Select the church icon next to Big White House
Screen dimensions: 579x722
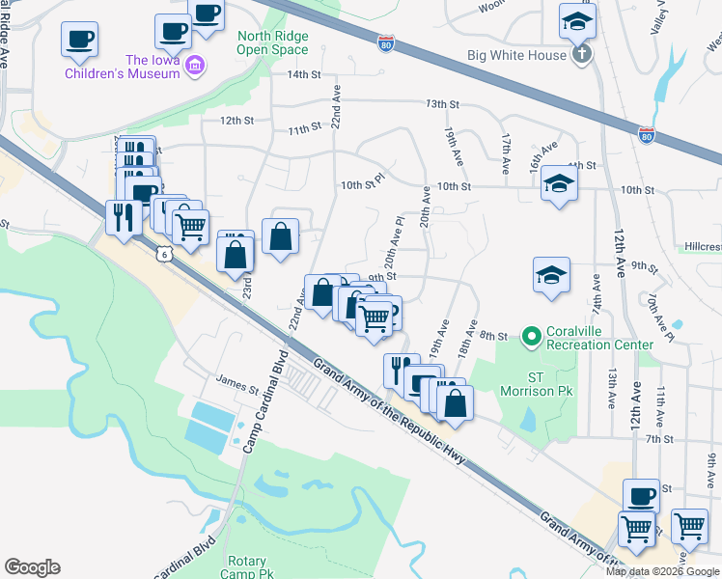point(581,55)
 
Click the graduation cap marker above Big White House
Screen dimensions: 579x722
point(577,20)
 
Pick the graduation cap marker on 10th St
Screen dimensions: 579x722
point(559,183)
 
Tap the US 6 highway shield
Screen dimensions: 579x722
point(165,252)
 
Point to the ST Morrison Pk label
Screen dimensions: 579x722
point(538,384)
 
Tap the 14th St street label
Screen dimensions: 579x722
point(302,74)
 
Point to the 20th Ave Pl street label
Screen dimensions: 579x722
point(393,248)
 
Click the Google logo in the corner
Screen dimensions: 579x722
point(32,567)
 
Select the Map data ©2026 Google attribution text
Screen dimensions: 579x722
point(663,571)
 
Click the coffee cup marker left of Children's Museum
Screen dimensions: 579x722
point(79,40)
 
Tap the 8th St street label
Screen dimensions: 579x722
point(493,336)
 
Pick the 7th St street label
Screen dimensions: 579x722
point(659,439)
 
